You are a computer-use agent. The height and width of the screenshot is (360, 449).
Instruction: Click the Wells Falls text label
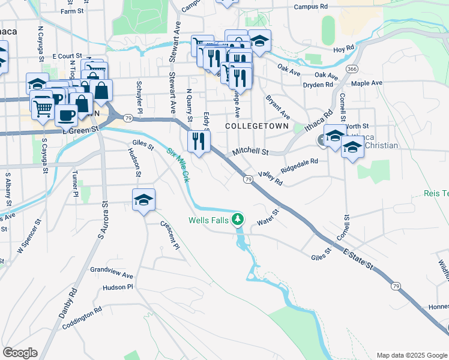[x=208, y=220]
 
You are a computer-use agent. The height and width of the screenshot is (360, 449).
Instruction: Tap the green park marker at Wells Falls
[x=238, y=220]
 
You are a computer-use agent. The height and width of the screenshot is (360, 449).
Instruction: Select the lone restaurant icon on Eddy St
[x=197, y=142]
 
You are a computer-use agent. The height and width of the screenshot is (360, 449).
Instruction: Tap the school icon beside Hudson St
[x=144, y=200]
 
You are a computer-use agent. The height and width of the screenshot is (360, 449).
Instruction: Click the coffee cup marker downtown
[x=66, y=115]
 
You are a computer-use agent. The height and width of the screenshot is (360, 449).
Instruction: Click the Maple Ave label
[x=367, y=83]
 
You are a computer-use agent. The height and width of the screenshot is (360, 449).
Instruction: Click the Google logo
[x=20, y=353]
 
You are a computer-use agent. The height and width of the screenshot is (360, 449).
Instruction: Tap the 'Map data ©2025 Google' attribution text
[x=411, y=355]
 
